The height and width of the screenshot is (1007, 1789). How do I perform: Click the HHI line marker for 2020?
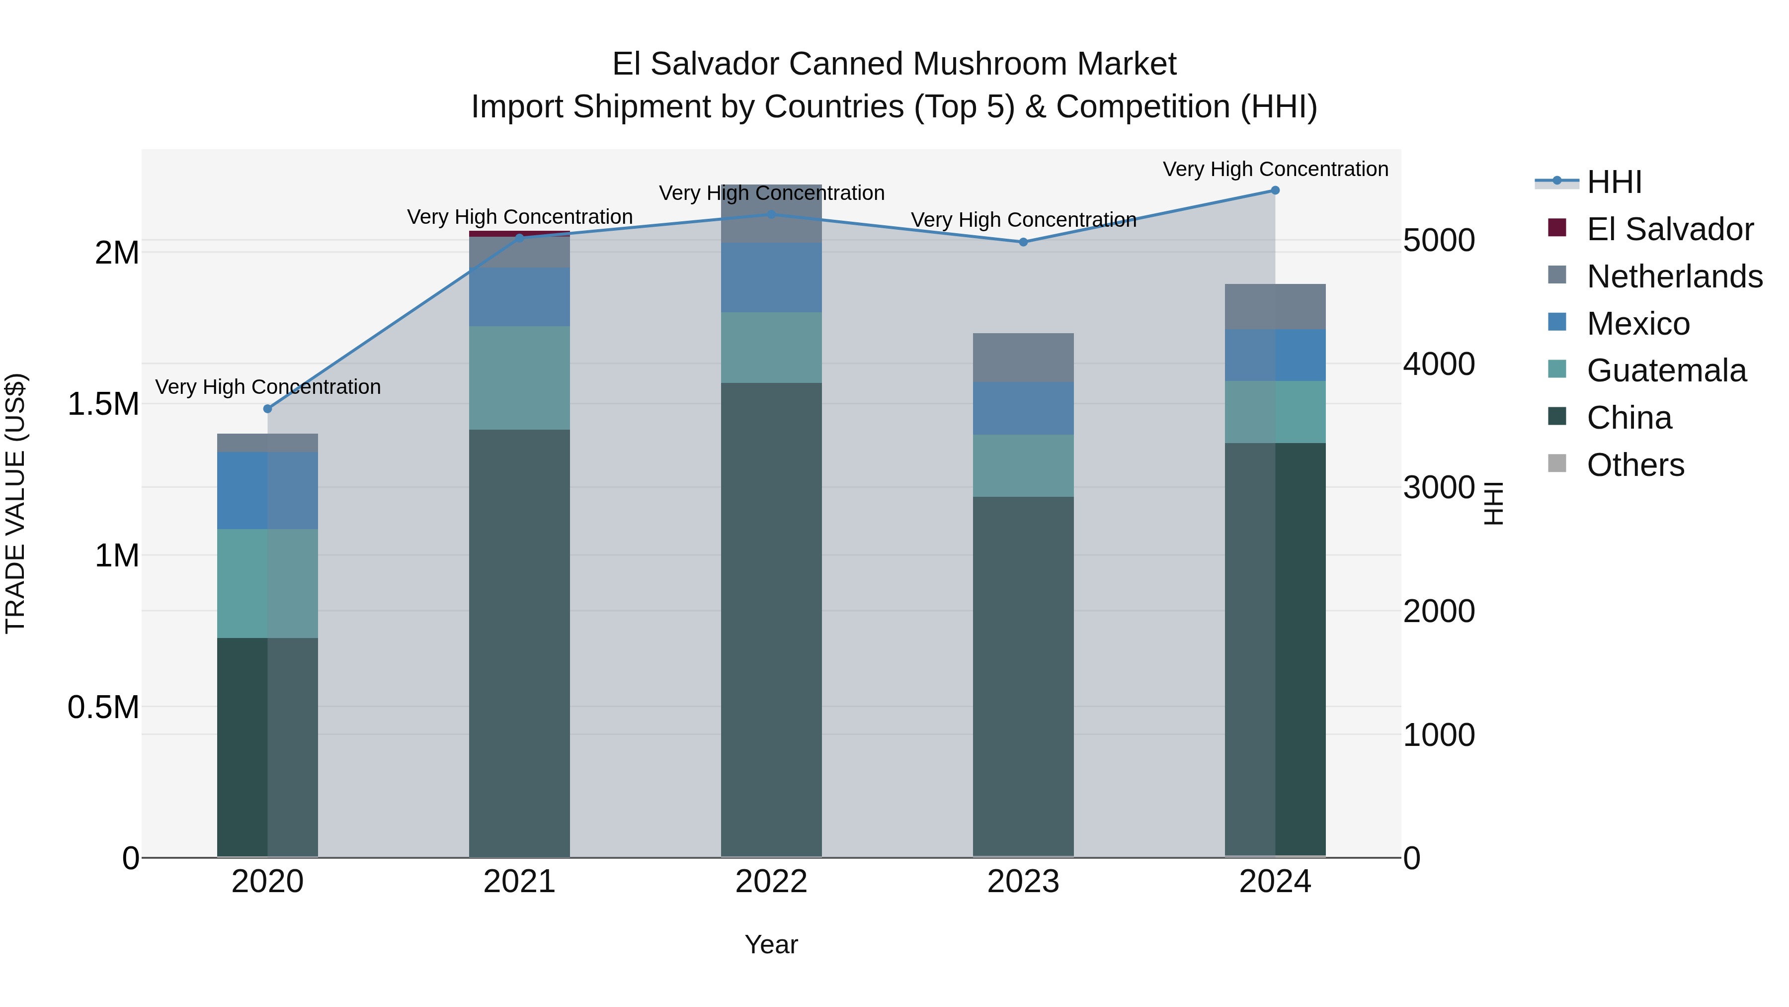coord(267,409)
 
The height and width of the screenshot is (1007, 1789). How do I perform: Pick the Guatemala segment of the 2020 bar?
coord(267,583)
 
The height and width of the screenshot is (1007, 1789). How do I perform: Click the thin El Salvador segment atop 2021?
coord(519,234)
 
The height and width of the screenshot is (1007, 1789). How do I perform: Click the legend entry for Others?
coord(1635,465)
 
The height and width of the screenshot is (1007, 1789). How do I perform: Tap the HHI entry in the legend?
coord(1613,182)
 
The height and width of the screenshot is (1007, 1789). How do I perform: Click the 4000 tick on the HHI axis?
coord(1438,364)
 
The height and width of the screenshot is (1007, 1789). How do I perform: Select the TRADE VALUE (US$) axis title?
coord(15,503)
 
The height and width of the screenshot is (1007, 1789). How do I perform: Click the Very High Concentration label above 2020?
coord(267,386)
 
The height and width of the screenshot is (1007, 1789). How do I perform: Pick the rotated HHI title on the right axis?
coord(1492,503)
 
